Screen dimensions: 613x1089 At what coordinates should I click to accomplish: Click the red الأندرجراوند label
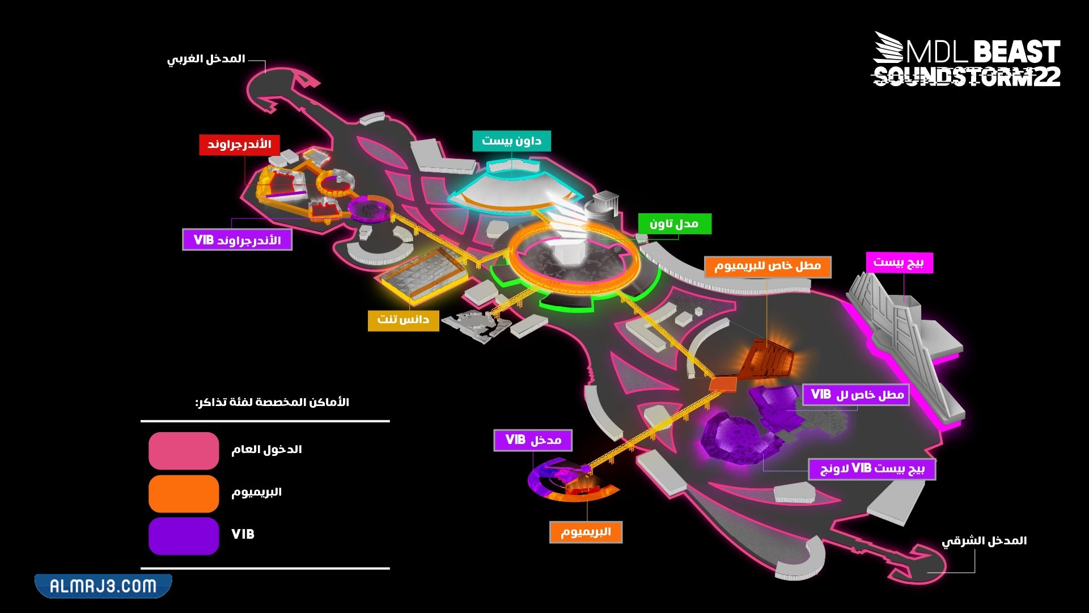(x=239, y=145)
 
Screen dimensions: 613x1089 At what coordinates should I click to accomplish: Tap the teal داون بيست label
(x=511, y=141)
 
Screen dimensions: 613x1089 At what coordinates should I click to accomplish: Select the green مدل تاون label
(x=674, y=224)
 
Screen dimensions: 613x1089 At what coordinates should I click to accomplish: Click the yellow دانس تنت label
(x=403, y=320)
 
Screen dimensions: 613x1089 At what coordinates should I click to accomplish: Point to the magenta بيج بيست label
(x=899, y=263)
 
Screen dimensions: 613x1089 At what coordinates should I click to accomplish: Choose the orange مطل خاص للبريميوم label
(x=768, y=267)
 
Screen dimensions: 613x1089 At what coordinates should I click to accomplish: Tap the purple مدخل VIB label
(x=533, y=440)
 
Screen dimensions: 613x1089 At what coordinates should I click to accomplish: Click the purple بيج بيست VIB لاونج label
(x=872, y=469)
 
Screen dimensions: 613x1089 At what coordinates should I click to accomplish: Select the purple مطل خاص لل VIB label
(x=856, y=395)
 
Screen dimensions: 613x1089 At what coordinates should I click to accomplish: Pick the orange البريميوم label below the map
(x=586, y=532)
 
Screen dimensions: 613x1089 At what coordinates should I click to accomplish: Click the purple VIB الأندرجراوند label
(x=237, y=240)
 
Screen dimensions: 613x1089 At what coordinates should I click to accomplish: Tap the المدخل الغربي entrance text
(x=206, y=59)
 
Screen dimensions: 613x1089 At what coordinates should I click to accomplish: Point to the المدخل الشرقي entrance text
(x=984, y=541)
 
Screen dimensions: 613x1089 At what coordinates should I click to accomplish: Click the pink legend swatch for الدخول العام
(x=184, y=451)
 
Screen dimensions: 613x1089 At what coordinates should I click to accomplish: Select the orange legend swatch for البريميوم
(x=184, y=493)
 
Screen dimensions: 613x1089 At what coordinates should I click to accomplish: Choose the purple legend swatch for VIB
(x=184, y=535)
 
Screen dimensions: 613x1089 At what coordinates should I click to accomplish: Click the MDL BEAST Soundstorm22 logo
(x=967, y=60)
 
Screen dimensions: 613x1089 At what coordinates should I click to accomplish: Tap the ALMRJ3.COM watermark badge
(x=103, y=586)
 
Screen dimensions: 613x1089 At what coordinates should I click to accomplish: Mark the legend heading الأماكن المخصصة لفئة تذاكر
(x=272, y=403)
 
